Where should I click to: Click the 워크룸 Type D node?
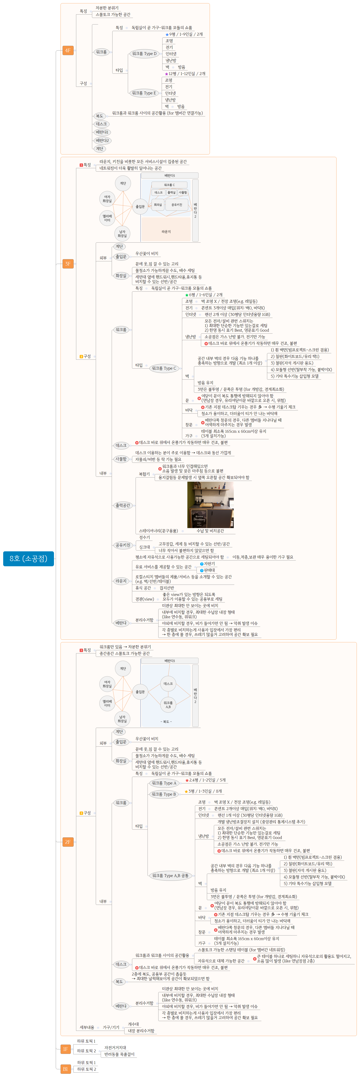[x=144, y=54]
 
